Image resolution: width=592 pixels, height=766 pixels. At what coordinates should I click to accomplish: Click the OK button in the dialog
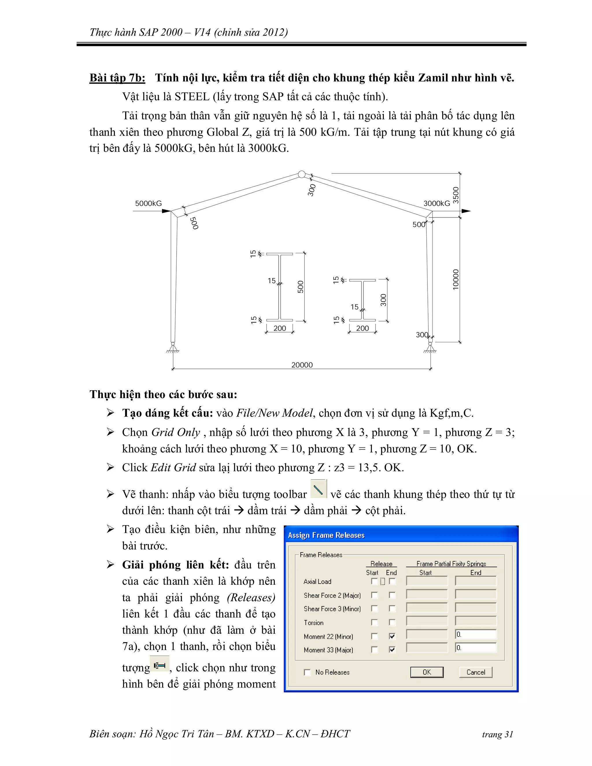pos(426,672)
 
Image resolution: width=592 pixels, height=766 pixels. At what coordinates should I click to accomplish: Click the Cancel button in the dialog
pos(476,672)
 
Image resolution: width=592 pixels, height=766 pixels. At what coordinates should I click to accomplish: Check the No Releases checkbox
pos(308,672)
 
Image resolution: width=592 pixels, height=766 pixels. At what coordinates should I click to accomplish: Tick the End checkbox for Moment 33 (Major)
pos(392,650)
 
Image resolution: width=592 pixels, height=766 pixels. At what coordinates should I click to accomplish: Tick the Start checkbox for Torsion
pos(375,623)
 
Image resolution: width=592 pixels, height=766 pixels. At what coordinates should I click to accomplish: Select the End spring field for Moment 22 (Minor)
pos(476,634)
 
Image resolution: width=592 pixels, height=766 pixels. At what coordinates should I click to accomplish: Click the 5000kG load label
pos(148,203)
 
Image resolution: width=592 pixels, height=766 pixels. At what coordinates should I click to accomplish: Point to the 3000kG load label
pos(437,203)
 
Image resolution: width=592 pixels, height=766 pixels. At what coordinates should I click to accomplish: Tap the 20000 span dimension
pos(302,365)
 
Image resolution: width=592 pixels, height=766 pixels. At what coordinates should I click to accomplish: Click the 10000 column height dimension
pos(456,280)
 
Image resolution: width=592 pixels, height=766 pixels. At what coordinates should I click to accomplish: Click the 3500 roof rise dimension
pos(456,195)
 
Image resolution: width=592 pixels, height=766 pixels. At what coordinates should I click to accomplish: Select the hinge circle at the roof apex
pos(301,174)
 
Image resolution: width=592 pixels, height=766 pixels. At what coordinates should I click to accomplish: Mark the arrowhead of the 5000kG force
pos(166,211)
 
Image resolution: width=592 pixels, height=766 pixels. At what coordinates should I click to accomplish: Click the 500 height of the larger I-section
pos(301,287)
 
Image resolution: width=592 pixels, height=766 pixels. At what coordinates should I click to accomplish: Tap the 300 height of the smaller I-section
pos(383,300)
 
